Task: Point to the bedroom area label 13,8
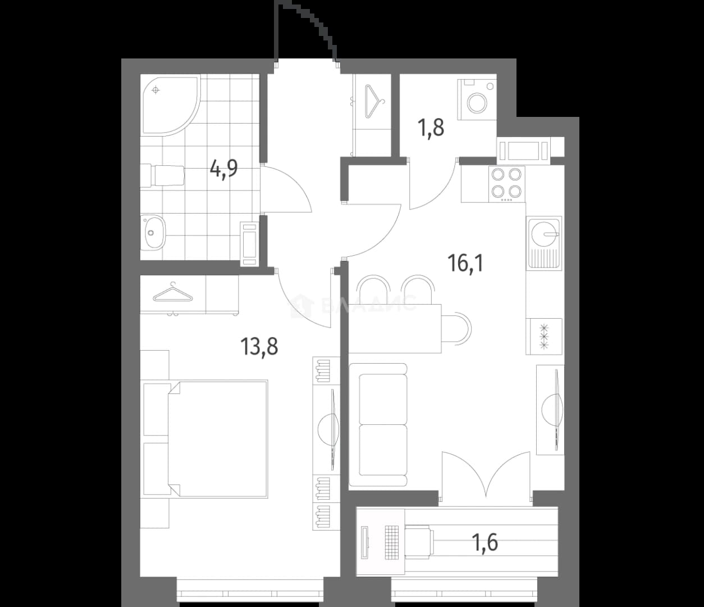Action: click(259, 346)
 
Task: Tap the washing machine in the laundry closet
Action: click(477, 99)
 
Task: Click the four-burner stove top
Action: click(507, 184)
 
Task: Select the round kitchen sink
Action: click(543, 233)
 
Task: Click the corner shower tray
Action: click(170, 105)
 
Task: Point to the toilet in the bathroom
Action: click(163, 175)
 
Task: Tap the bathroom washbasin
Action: click(153, 233)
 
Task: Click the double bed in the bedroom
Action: click(218, 439)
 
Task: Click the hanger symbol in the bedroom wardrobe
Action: click(173, 293)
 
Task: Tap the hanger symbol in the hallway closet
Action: click(374, 101)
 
